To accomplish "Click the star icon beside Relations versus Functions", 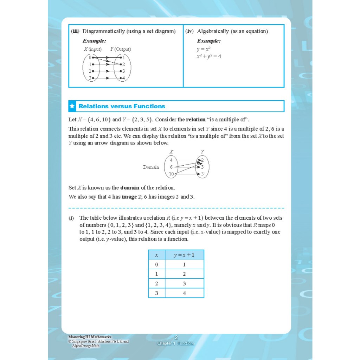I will tap(72, 106).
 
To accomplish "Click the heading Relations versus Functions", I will tap(122, 106).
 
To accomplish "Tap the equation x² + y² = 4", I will tap(208, 56).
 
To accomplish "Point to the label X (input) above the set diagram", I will tap(92, 49).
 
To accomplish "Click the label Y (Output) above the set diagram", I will tap(121, 49).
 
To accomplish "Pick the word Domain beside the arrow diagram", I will tap(151, 167).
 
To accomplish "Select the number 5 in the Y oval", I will tap(202, 174).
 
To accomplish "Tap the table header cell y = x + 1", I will tap(184, 255).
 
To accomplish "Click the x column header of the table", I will tap(157, 255).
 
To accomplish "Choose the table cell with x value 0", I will tap(157, 264).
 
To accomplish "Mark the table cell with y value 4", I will tap(184, 293).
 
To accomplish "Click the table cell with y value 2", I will tap(184, 274).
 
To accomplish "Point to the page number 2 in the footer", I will tap(176, 337).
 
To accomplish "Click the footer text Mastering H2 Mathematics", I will tap(90, 337).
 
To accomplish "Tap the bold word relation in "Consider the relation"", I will tap(195, 120).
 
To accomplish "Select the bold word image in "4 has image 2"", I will tap(129, 197).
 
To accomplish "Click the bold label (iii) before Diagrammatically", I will tap(75, 31).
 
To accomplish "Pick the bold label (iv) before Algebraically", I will tap(189, 31).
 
